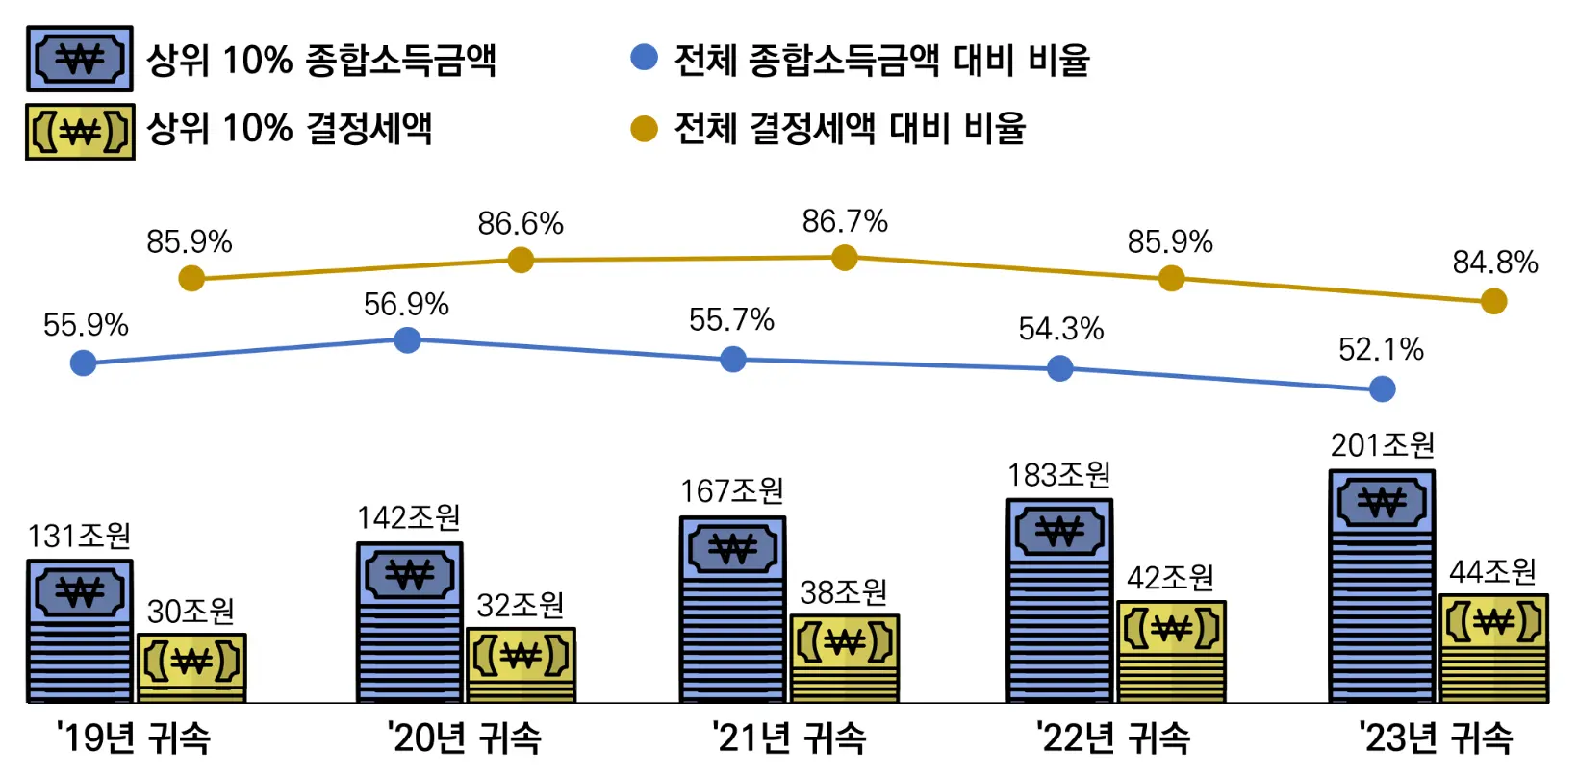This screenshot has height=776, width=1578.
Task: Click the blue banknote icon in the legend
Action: click(x=80, y=60)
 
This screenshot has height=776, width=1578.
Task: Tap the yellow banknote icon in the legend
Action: click(x=80, y=131)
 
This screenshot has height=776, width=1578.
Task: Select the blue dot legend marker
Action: click(x=644, y=58)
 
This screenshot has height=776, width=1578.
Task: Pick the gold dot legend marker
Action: click(x=644, y=128)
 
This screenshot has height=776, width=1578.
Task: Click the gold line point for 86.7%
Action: click(x=844, y=258)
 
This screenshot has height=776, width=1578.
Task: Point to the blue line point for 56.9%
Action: click(x=407, y=339)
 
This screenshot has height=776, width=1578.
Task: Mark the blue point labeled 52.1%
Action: click(x=1382, y=388)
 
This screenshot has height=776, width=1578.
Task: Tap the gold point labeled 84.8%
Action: click(x=1493, y=301)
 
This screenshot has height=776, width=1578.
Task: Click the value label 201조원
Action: click(x=1383, y=445)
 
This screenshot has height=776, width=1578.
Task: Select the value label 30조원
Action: click(x=191, y=611)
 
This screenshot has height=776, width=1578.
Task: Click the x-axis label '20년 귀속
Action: click(x=464, y=738)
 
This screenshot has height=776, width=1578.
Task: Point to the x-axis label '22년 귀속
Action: click(x=1113, y=738)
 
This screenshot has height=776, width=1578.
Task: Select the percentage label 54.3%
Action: click(x=1060, y=329)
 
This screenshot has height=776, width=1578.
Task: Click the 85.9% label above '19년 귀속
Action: click(x=190, y=241)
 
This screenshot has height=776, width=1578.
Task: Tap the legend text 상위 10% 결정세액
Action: click(x=289, y=129)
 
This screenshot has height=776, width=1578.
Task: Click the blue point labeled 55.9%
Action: click(x=84, y=363)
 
